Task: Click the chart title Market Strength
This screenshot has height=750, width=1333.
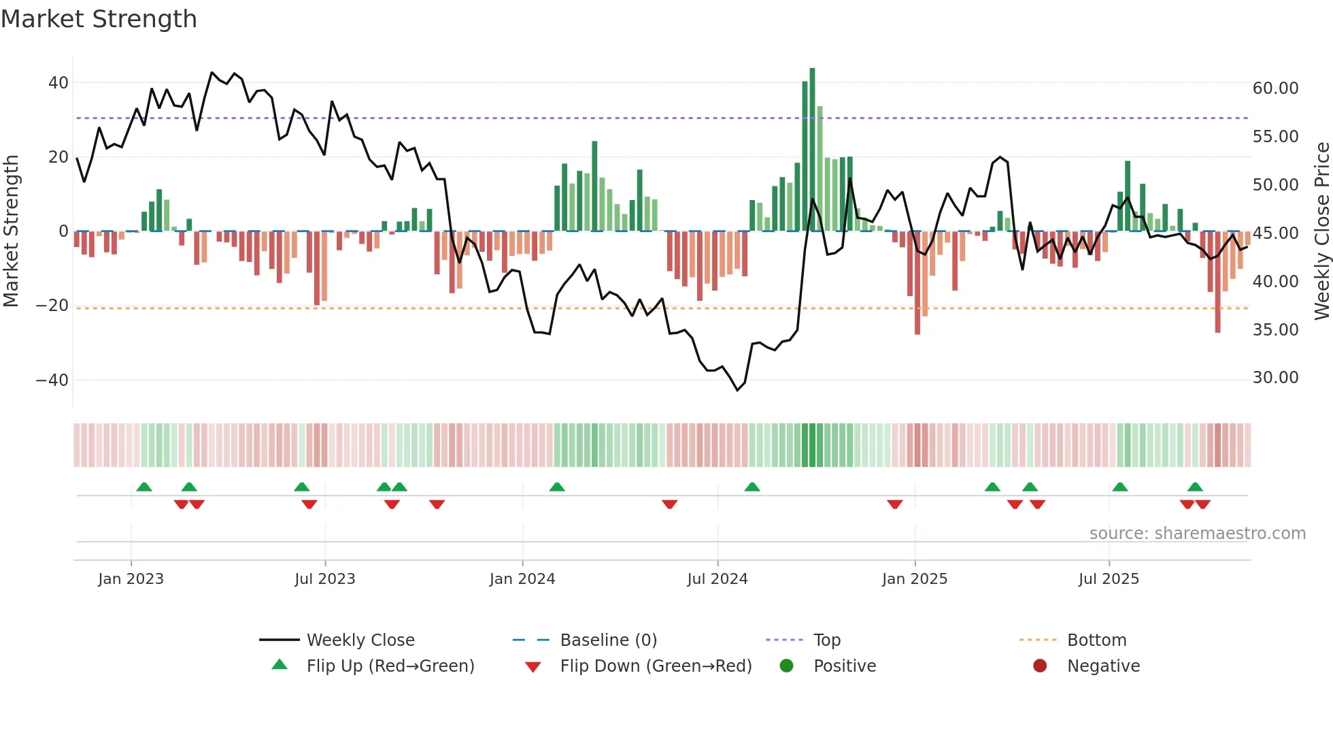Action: click(99, 19)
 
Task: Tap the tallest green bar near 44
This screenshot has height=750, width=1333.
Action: click(812, 150)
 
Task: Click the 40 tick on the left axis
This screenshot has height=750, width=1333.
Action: click(58, 83)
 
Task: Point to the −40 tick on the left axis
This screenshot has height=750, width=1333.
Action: click(52, 380)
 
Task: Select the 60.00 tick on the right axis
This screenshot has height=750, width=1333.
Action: click(1275, 88)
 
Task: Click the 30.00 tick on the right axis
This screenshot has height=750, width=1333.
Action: click(1275, 378)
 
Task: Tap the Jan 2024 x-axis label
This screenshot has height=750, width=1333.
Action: click(522, 579)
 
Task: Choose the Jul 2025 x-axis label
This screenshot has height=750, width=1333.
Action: click(1109, 579)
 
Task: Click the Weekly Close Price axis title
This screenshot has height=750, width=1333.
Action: click(1321, 231)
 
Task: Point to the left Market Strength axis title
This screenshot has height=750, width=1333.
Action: click(11, 231)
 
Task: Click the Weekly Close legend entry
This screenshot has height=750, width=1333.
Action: click(360, 640)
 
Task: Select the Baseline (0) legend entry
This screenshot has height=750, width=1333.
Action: click(608, 640)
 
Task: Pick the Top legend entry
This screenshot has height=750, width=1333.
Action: click(826, 640)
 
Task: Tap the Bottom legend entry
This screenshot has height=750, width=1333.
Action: click(1096, 640)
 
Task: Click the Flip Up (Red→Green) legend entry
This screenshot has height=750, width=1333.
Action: click(390, 666)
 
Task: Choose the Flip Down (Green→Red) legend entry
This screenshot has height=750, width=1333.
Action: click(656, 666)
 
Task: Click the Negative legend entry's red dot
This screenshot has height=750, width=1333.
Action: click(1040, 666)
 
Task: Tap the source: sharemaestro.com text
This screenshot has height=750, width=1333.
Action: click(1197, 534)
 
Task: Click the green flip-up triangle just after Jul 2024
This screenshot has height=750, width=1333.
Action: click(752, 487)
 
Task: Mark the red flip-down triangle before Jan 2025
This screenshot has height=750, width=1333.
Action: click(895, 504)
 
